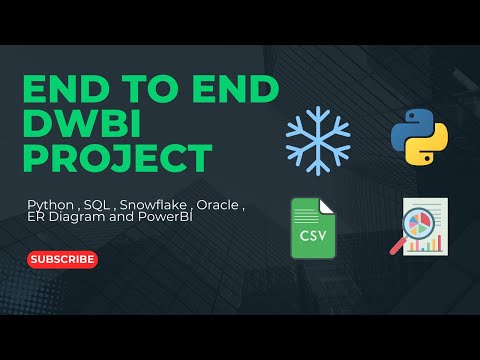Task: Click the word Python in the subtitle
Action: pos(49,205)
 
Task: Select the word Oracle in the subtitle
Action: pos(216,205)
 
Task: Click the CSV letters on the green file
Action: pos(312,237)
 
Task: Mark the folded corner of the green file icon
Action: pos(327,205)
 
